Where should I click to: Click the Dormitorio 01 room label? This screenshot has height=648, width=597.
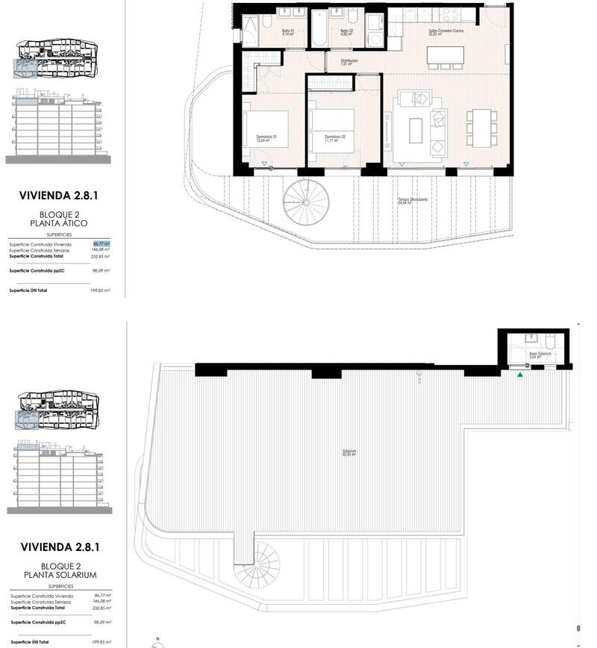tap(266, 138)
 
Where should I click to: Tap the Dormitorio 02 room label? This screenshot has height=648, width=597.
tap(335, 138)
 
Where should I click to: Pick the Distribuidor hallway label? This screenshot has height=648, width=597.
tap(349, 62)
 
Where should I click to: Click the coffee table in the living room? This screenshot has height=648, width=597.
tap(416, 129)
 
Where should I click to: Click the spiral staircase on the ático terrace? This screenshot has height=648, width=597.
tap(306, 202)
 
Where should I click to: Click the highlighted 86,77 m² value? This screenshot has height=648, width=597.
tap(101, 244)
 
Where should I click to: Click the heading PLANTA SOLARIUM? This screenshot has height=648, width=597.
tap(60, 575)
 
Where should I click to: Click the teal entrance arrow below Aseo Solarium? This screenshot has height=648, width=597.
tap(520, 374)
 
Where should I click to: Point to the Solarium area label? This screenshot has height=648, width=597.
tap(349, 452)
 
